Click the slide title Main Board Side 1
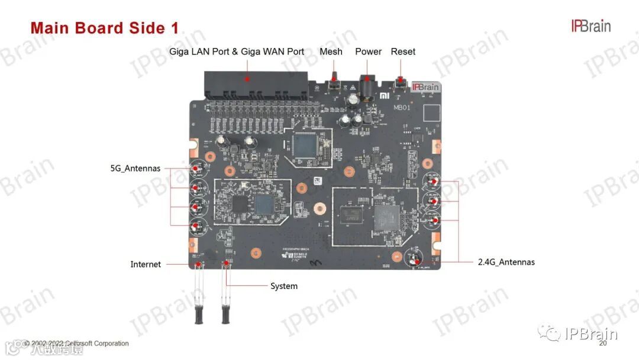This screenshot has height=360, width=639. tap(104, 28)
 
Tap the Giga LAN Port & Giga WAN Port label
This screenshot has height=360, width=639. tap(237, 52)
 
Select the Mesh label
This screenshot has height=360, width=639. tap(331, 52)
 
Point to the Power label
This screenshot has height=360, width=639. tap(368, 52)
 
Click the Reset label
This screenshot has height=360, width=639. tap(403, 52)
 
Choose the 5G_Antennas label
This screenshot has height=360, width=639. tap(135, 168)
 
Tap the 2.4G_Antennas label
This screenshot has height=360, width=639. tap(506, 262)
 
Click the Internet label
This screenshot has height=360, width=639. tap(146, 264)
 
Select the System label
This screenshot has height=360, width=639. tap(284, 286)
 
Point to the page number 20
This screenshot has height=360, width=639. tap(603, 343)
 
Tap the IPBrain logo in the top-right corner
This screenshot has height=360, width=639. tap(590, 26)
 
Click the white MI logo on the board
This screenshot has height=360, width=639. tap(385, 95)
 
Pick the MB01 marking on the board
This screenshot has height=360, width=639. tap(402, 108)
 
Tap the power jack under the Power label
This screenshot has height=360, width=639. tap(367, 89)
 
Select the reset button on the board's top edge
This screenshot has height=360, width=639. tap(401, 83)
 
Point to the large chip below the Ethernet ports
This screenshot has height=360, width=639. tap(306, 146)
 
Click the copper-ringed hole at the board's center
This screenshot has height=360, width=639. tap(320, 208)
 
